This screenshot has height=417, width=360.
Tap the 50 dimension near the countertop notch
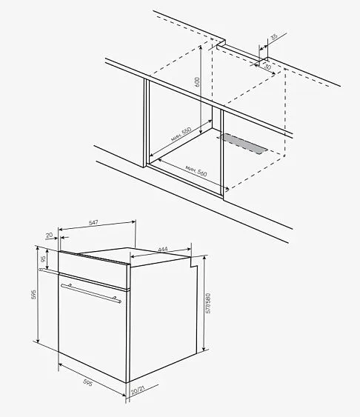pyautogui.click(x=267, y=67)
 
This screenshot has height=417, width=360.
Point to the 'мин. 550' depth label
pyautogui.click(x=181, y=136)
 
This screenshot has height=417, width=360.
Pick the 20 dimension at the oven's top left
pyautogui.click(x=49, y=236)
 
